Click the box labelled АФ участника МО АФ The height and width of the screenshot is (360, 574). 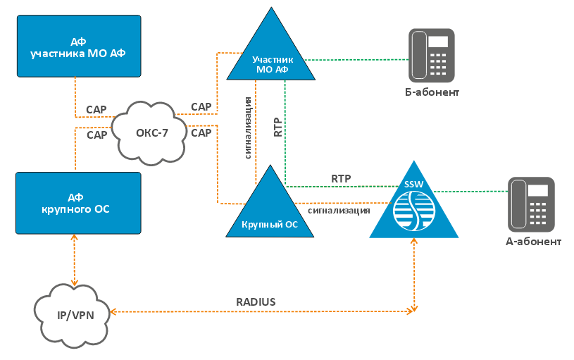click(x=78, y=46)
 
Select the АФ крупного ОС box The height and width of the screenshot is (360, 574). click(x=78, y=203)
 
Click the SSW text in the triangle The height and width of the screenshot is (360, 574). click(x=413, y=185)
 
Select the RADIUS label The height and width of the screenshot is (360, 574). click(x=256, y=302)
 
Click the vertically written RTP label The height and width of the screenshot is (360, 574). click(x=277, y=125)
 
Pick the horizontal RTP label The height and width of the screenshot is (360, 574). click(x=341, y=178)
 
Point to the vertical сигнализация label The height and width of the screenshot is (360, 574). click(x=249, y=125)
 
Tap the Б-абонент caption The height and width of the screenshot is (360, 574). click(x=432, y=92)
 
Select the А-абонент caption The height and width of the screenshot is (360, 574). click(x=533, y=242)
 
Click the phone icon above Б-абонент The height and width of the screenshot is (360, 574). click(x=432, y=54)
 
